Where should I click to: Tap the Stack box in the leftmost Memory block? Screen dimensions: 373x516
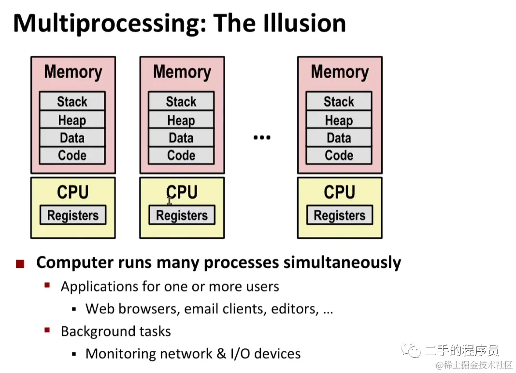[x=72, y=101]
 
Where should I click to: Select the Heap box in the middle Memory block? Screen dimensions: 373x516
[x=181, y=120]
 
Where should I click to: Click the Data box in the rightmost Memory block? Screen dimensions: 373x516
[x=339, y=138]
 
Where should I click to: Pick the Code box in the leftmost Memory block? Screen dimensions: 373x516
[x=72, y=155]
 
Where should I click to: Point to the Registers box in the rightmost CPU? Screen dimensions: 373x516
[x=340, y=215]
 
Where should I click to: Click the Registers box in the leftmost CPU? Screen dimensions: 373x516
[x=73, y=215]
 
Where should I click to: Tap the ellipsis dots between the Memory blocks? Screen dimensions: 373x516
[x=261, y=138]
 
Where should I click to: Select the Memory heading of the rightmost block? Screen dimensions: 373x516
[x=340, y=72]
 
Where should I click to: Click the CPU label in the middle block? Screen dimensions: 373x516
[x=182, y=192]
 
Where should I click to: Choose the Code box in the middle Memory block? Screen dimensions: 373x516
[x=181, y=155]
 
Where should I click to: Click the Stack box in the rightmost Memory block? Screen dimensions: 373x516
[x=339, y=101]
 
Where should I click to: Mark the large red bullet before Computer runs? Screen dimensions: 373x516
[x=20, y=263]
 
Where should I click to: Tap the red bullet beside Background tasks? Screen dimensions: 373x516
[x=47, y=331]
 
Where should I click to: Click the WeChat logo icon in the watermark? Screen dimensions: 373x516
[x=414, y=351]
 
